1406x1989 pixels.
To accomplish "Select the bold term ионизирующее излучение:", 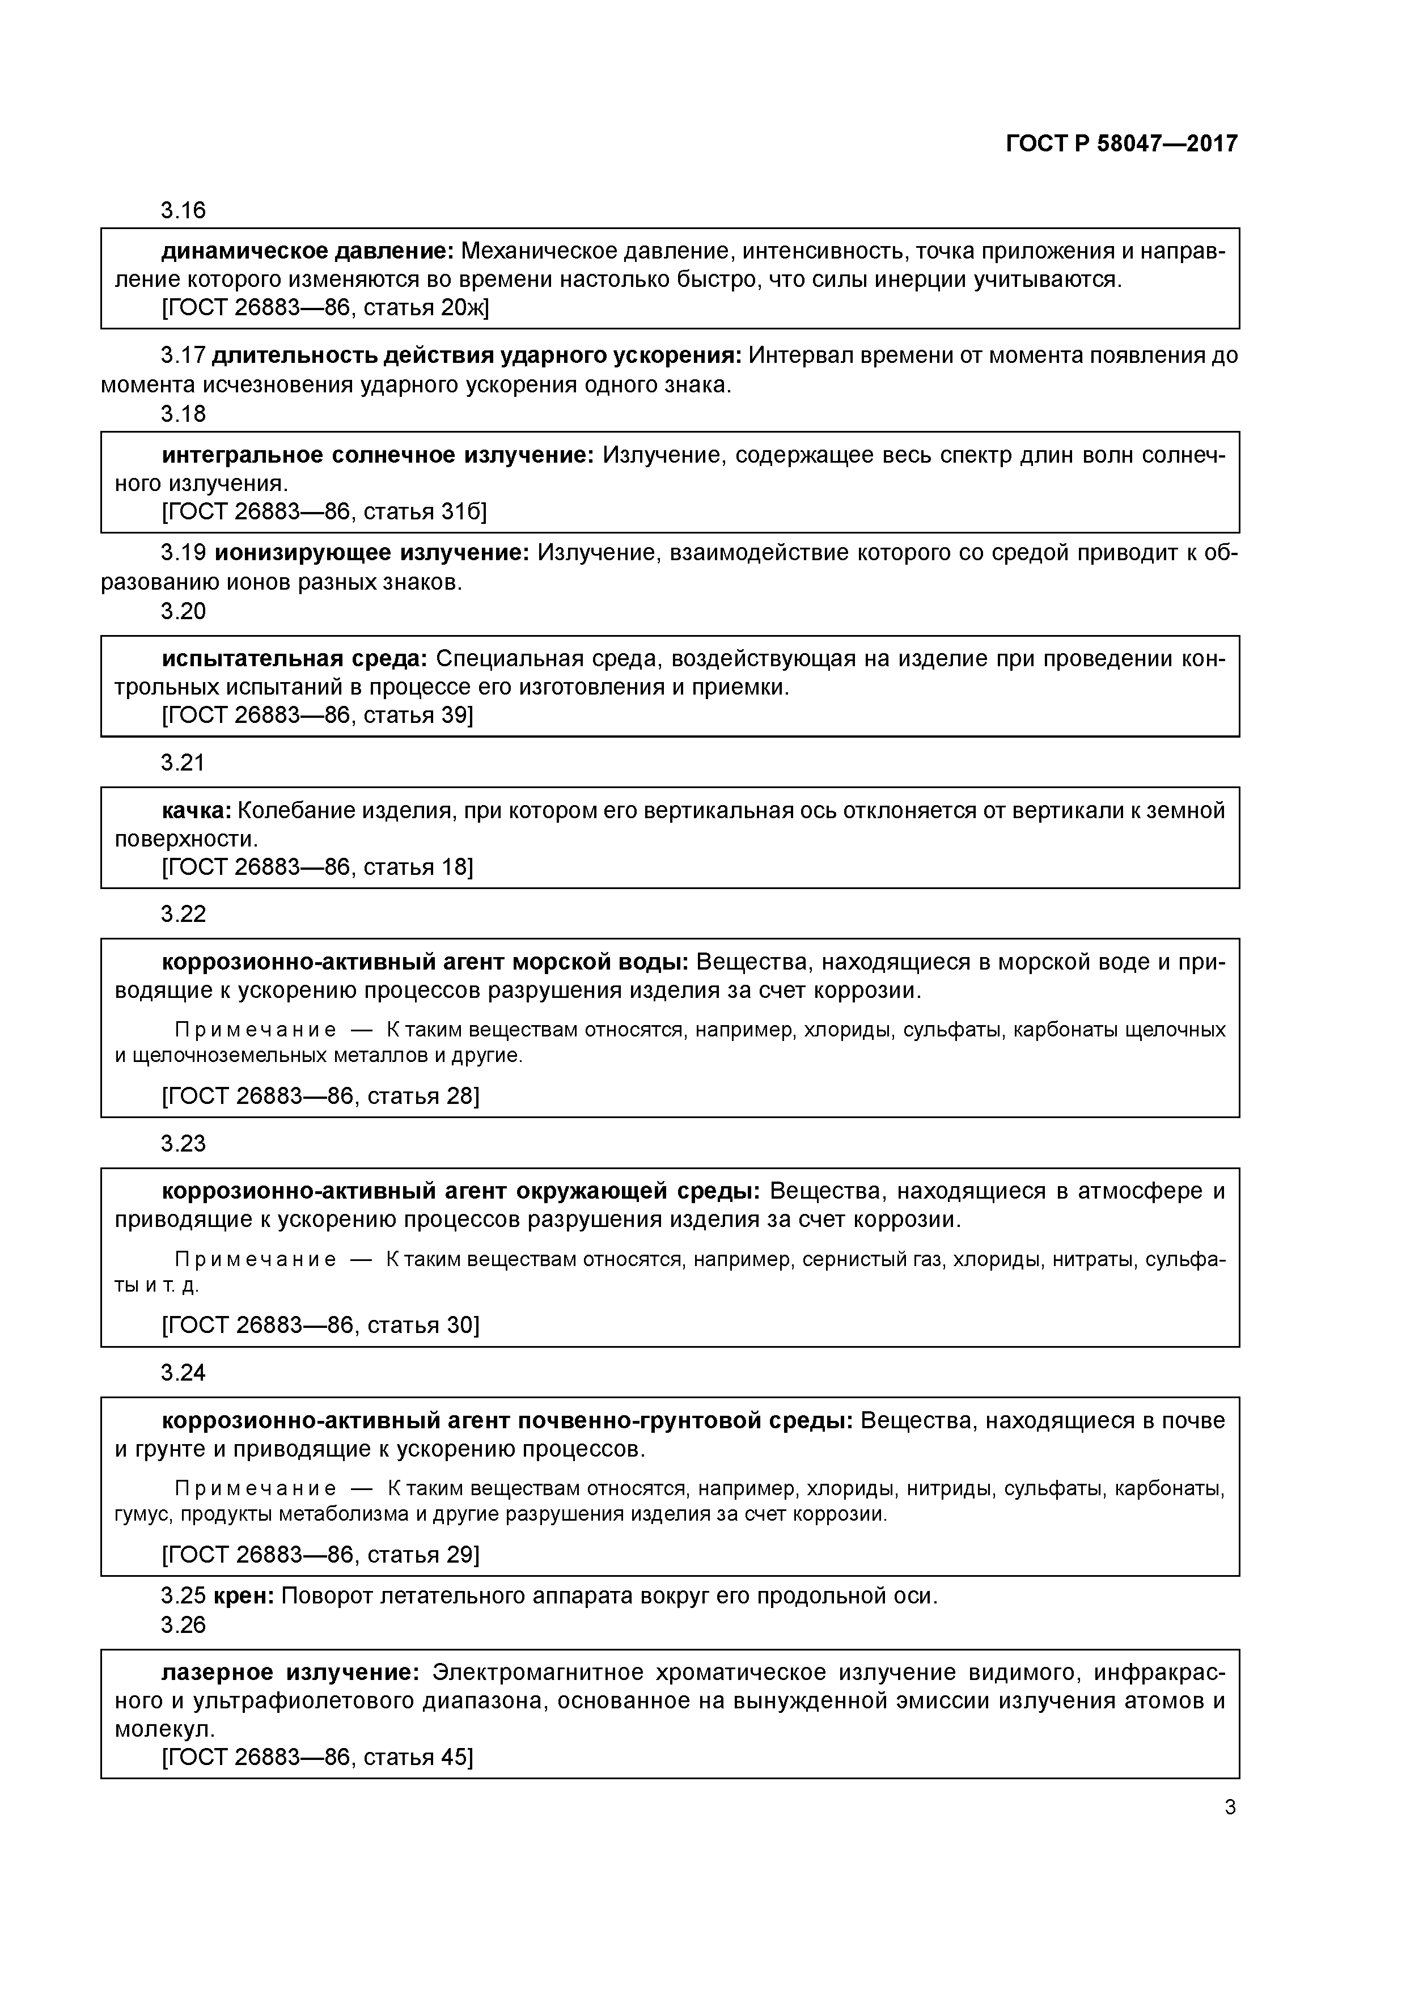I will coord(372,553).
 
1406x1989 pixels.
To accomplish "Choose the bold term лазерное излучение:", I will coord(291,1672).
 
